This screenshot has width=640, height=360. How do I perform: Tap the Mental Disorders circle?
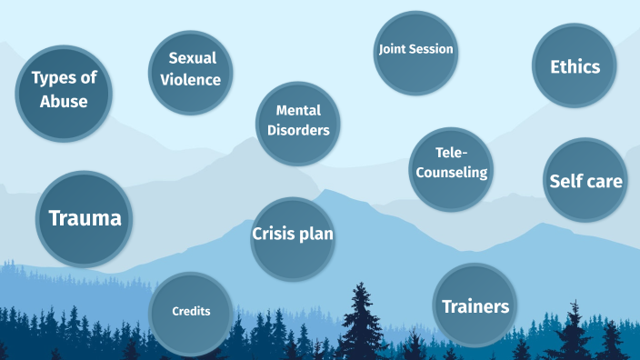coord(298,121)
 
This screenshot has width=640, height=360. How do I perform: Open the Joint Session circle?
coord(415,51)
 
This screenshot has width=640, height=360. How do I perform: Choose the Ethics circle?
coord(575,65)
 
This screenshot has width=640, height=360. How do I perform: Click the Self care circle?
coord(585,180)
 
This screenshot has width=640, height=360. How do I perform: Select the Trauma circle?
coord(85,219)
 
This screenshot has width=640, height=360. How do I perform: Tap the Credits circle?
coord(191,312)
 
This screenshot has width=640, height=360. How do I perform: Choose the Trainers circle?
coord(475,305)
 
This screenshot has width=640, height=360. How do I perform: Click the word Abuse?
coord(64,100)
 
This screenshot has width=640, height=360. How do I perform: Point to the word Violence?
coord(191,80)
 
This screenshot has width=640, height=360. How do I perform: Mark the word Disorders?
coord(298,130)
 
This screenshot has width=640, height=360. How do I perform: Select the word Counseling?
coord(452,173)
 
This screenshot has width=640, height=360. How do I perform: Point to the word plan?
coord(317,235)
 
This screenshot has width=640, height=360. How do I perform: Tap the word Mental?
coord(298,111)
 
